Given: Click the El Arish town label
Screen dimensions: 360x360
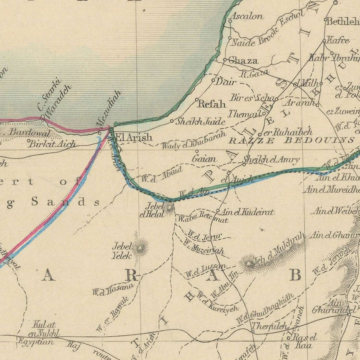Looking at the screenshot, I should (x=134, y=137).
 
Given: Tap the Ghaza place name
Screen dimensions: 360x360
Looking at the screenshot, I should (x=243, y=61).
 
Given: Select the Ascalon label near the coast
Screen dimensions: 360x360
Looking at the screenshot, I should (x=248, y=16).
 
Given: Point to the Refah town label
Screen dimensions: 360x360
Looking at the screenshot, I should (x=212, y=104).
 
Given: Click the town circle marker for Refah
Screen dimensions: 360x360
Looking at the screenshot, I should (x=197, y=100).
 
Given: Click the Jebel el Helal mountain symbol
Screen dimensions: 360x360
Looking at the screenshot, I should (x=169, y=208).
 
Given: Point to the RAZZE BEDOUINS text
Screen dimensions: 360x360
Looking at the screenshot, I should (x=292, y=140).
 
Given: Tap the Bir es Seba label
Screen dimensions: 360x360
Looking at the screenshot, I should (x=252, y=98).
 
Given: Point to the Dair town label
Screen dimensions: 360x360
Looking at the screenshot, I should (x=226, y=82).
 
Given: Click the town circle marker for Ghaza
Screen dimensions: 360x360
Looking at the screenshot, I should (x=225, y=60).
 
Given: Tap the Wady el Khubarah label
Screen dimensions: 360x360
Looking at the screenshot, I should (x=194, y=140).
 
